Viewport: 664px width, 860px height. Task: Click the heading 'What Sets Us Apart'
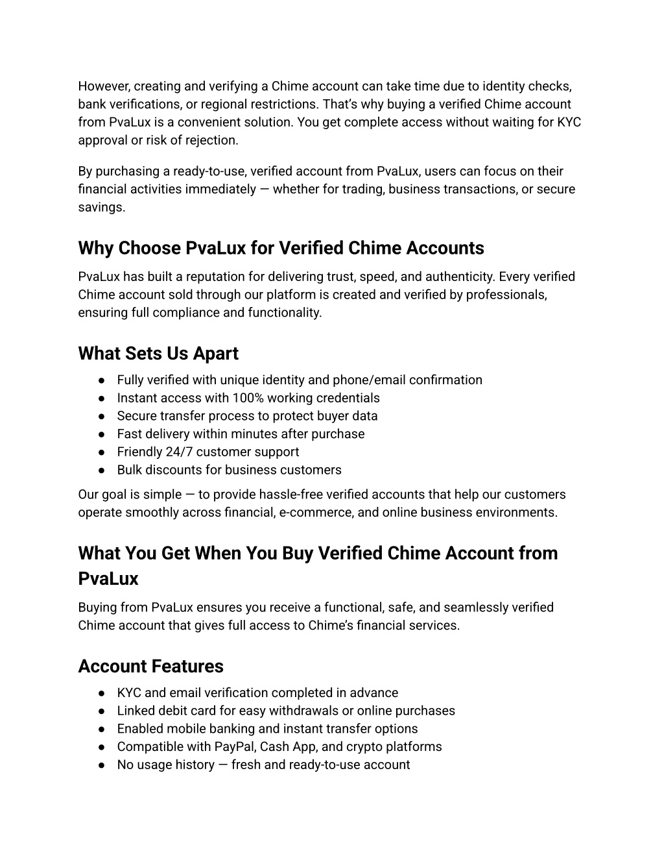coord(158,354)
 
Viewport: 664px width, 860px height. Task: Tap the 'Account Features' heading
coord(150,667)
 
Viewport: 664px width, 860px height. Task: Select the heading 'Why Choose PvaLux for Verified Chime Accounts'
coord(281,249)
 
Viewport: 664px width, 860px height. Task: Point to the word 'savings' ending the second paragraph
coord(101,208)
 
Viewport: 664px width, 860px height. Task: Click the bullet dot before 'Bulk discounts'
coord(102,470)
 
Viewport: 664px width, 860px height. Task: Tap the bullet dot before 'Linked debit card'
coord(102,711)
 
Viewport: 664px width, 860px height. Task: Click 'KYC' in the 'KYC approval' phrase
coord(569,122)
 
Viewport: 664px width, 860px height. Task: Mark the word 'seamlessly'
coord(479,608)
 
